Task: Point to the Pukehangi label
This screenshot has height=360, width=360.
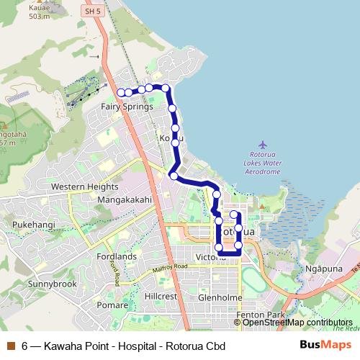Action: pos(32,225)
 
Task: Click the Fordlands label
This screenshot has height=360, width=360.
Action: pos(115,256)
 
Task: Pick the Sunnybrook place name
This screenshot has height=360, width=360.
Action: pos(52,284)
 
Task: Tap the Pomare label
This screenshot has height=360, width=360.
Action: pos(112,305)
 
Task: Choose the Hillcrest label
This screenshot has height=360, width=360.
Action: pos(161,296)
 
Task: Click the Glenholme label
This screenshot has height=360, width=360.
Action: pos(220,297)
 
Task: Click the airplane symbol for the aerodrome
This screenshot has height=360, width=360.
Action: pos(262,147)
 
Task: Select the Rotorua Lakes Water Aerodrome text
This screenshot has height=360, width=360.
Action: pos(262,163)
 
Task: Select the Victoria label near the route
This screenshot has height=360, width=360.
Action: pos(210,257)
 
